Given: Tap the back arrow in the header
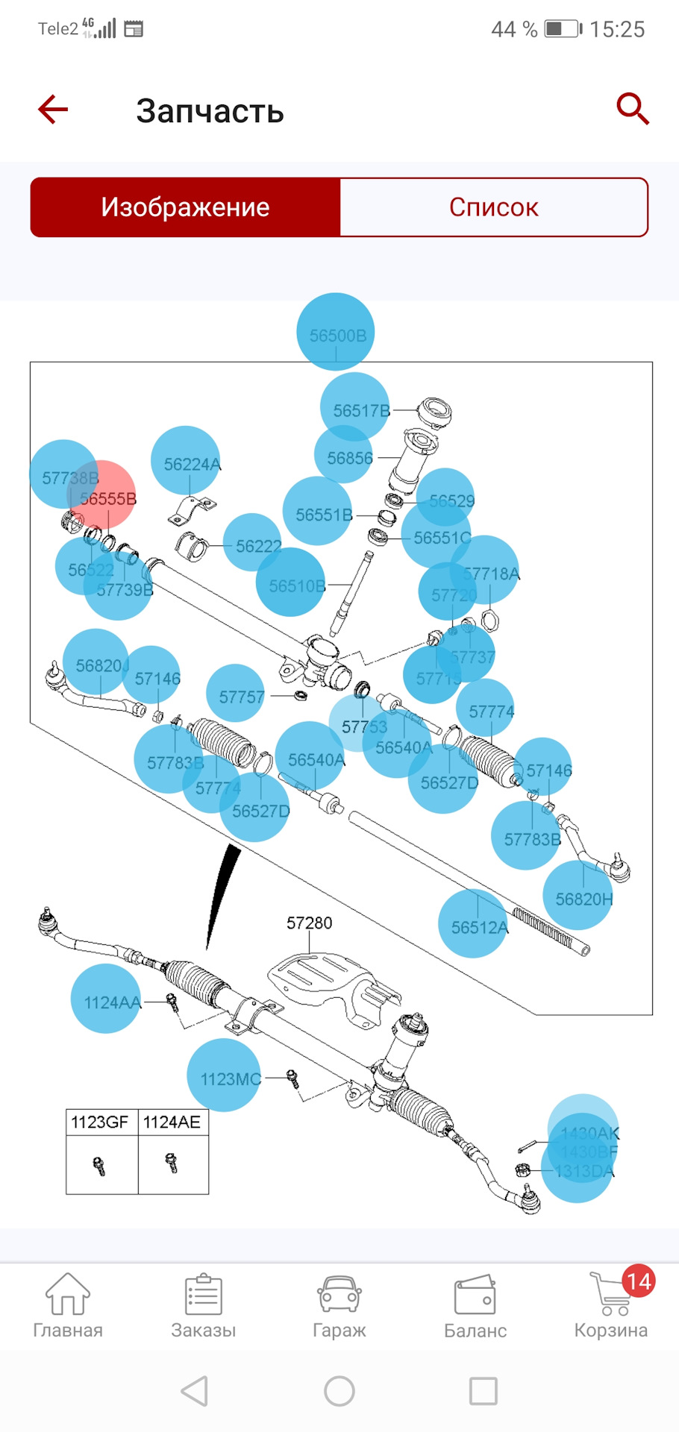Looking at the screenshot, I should click(x=53, y=110).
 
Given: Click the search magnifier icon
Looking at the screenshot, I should click(x=632, y=109).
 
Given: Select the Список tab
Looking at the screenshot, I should click(x=493, y=207).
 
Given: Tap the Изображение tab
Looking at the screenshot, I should click(x=185, y=207).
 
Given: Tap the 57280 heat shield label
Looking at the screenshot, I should click(x=309, y=923).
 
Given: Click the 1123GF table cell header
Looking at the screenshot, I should click(x=99, y=1122).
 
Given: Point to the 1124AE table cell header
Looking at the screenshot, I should click(x=172, y=1122).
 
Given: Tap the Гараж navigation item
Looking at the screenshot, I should click(x=339, y=1306).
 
